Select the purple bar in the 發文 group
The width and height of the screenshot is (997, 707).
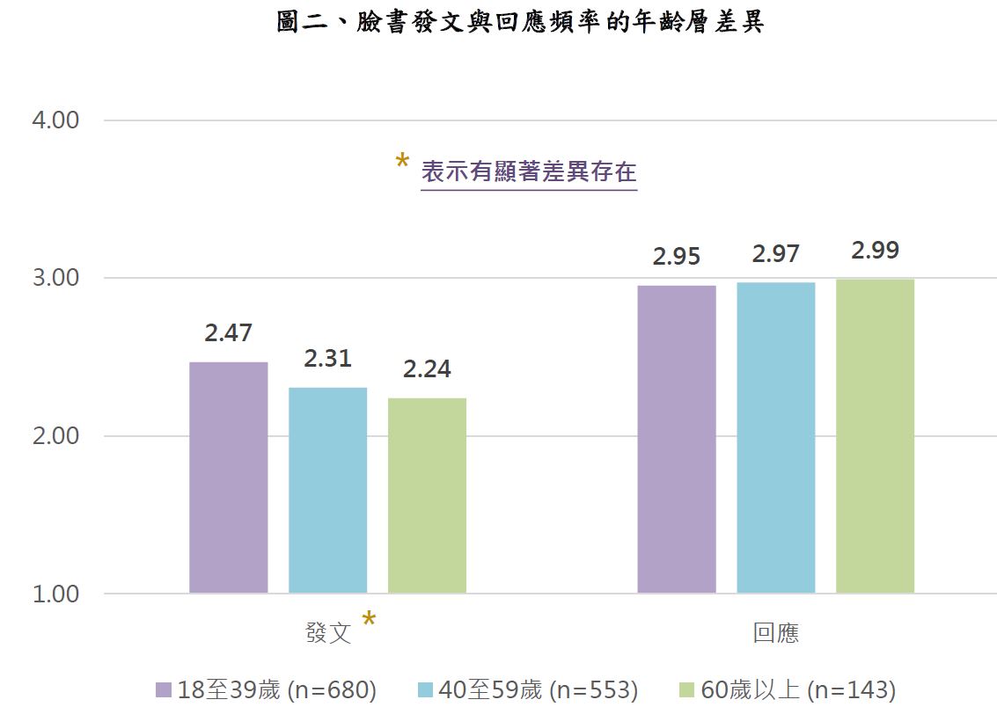[229, 477]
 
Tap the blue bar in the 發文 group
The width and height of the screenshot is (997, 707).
[328, 490]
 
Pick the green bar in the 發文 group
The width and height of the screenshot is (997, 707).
[428, 495]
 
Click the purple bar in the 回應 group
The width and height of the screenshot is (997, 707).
[677, 439]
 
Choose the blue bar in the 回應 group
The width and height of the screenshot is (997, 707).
[776, 437]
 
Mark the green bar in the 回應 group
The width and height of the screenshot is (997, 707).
[876, 435]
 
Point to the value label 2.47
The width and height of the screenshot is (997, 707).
[229, 333]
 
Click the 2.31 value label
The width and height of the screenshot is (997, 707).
[328, 359]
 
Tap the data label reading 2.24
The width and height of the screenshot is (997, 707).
[428, 369]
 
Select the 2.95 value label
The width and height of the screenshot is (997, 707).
[677, 257]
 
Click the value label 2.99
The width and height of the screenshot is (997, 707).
[876, 251]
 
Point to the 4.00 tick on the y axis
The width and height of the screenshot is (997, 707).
[55, 120]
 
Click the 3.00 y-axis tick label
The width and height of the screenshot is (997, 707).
[55, 279]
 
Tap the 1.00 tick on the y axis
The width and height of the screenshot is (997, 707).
[55, 594]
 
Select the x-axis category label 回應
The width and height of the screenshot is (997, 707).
[776, 633]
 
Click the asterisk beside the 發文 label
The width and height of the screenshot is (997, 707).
[370, 621]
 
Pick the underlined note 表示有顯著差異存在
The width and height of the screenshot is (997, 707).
[529, 171]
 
